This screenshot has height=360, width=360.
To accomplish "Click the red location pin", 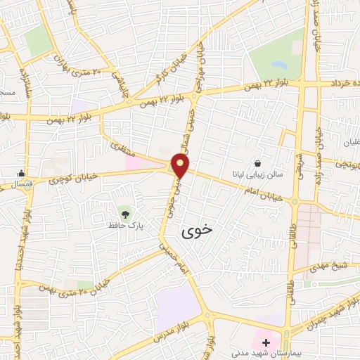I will tap(181, 166).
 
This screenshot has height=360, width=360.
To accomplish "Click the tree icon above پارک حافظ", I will tap(125, 212).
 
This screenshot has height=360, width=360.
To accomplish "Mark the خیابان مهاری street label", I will tap(201, 65).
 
